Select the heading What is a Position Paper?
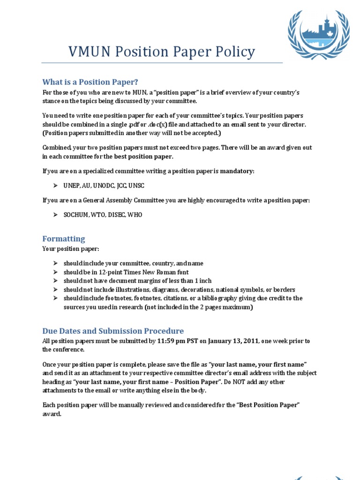click(90, 82)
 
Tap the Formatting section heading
click(64, 239)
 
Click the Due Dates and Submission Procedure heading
click(113, 331)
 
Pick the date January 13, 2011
click(233, 341)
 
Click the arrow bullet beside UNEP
click(55, 186)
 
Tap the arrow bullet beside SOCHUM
click(55, 215)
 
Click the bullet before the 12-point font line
click(55, 272)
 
